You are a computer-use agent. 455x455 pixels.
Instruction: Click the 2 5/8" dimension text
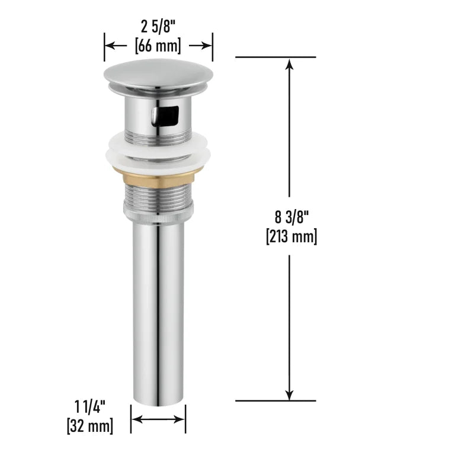coord(158,27)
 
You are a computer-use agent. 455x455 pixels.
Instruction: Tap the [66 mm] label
coord(158,46)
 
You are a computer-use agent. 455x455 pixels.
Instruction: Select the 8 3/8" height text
coord(291,217)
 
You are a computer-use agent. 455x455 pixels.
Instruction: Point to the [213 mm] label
coord(291,237)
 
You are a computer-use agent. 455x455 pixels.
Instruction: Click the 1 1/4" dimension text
coord(90,406)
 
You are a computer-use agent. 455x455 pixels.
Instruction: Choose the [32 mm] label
coord(90,426)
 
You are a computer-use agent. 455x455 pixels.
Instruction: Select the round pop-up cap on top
coord(158,75)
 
